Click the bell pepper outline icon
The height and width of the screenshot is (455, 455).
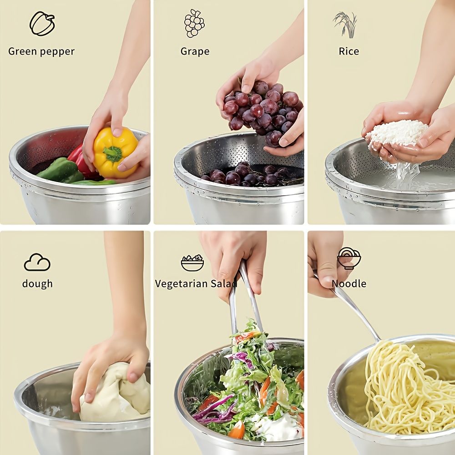[x=42, y=24]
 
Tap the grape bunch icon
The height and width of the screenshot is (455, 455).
[x=194, y=23]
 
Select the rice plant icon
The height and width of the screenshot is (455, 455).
[x=346, y=25]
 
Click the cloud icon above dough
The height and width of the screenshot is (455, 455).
[x=37, y=262]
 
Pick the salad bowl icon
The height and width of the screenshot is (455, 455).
[x=192, y=263]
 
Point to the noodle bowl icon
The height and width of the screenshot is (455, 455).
[x=349, y=258]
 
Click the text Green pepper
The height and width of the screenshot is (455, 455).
[x=41, y=52]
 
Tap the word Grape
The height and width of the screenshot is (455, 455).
[x=195, y=52]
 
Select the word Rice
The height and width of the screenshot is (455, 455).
[x=349, y=51]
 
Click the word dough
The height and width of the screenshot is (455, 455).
[x=37, y=283]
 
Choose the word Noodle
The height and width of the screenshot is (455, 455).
[x=349, y=283]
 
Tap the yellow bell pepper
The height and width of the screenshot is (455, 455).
[x=115, y=152]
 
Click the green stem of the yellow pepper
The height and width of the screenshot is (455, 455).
[x=112, y=153]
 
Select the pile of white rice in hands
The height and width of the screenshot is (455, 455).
[x=396, y=133]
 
